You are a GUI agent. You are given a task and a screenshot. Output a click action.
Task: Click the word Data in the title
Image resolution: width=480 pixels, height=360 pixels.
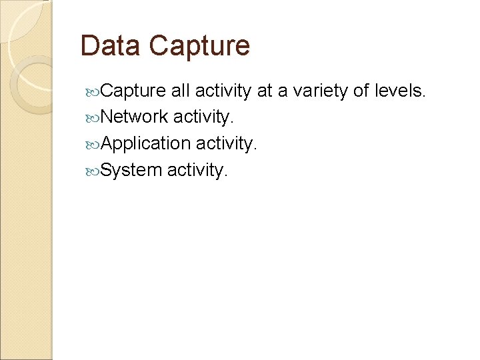pyautogui.click(x=110, y=46)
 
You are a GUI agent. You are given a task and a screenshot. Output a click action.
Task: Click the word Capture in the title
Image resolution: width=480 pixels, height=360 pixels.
pyautogui.click(x=199, y=46)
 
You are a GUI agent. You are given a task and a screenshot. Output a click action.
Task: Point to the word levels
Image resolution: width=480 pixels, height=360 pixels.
pyautogui.click(x=399, y=91)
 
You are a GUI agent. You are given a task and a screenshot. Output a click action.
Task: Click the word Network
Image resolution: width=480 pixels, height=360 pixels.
pyautogui.click(x=135, y=117)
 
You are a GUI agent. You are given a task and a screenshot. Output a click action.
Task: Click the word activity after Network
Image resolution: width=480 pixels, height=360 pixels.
pyautogui.click(x=203, y=117)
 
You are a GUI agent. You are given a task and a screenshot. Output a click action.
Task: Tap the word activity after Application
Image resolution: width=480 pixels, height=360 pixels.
pyautogui.click(x=226, y=143)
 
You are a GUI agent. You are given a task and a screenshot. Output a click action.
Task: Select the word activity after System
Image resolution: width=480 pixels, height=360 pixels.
pyautogui.click(x=197, y=170)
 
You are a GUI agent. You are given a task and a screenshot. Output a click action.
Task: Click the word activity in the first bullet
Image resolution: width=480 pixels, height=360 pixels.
pyautogui.click(x=223, y=91)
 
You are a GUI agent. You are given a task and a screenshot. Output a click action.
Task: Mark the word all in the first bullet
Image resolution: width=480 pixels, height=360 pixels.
pyautogui.click(x=179, y=91)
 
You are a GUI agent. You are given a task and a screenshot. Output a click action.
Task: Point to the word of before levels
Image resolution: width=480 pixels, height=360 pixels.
pyautogui.click(x=361, y=91)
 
